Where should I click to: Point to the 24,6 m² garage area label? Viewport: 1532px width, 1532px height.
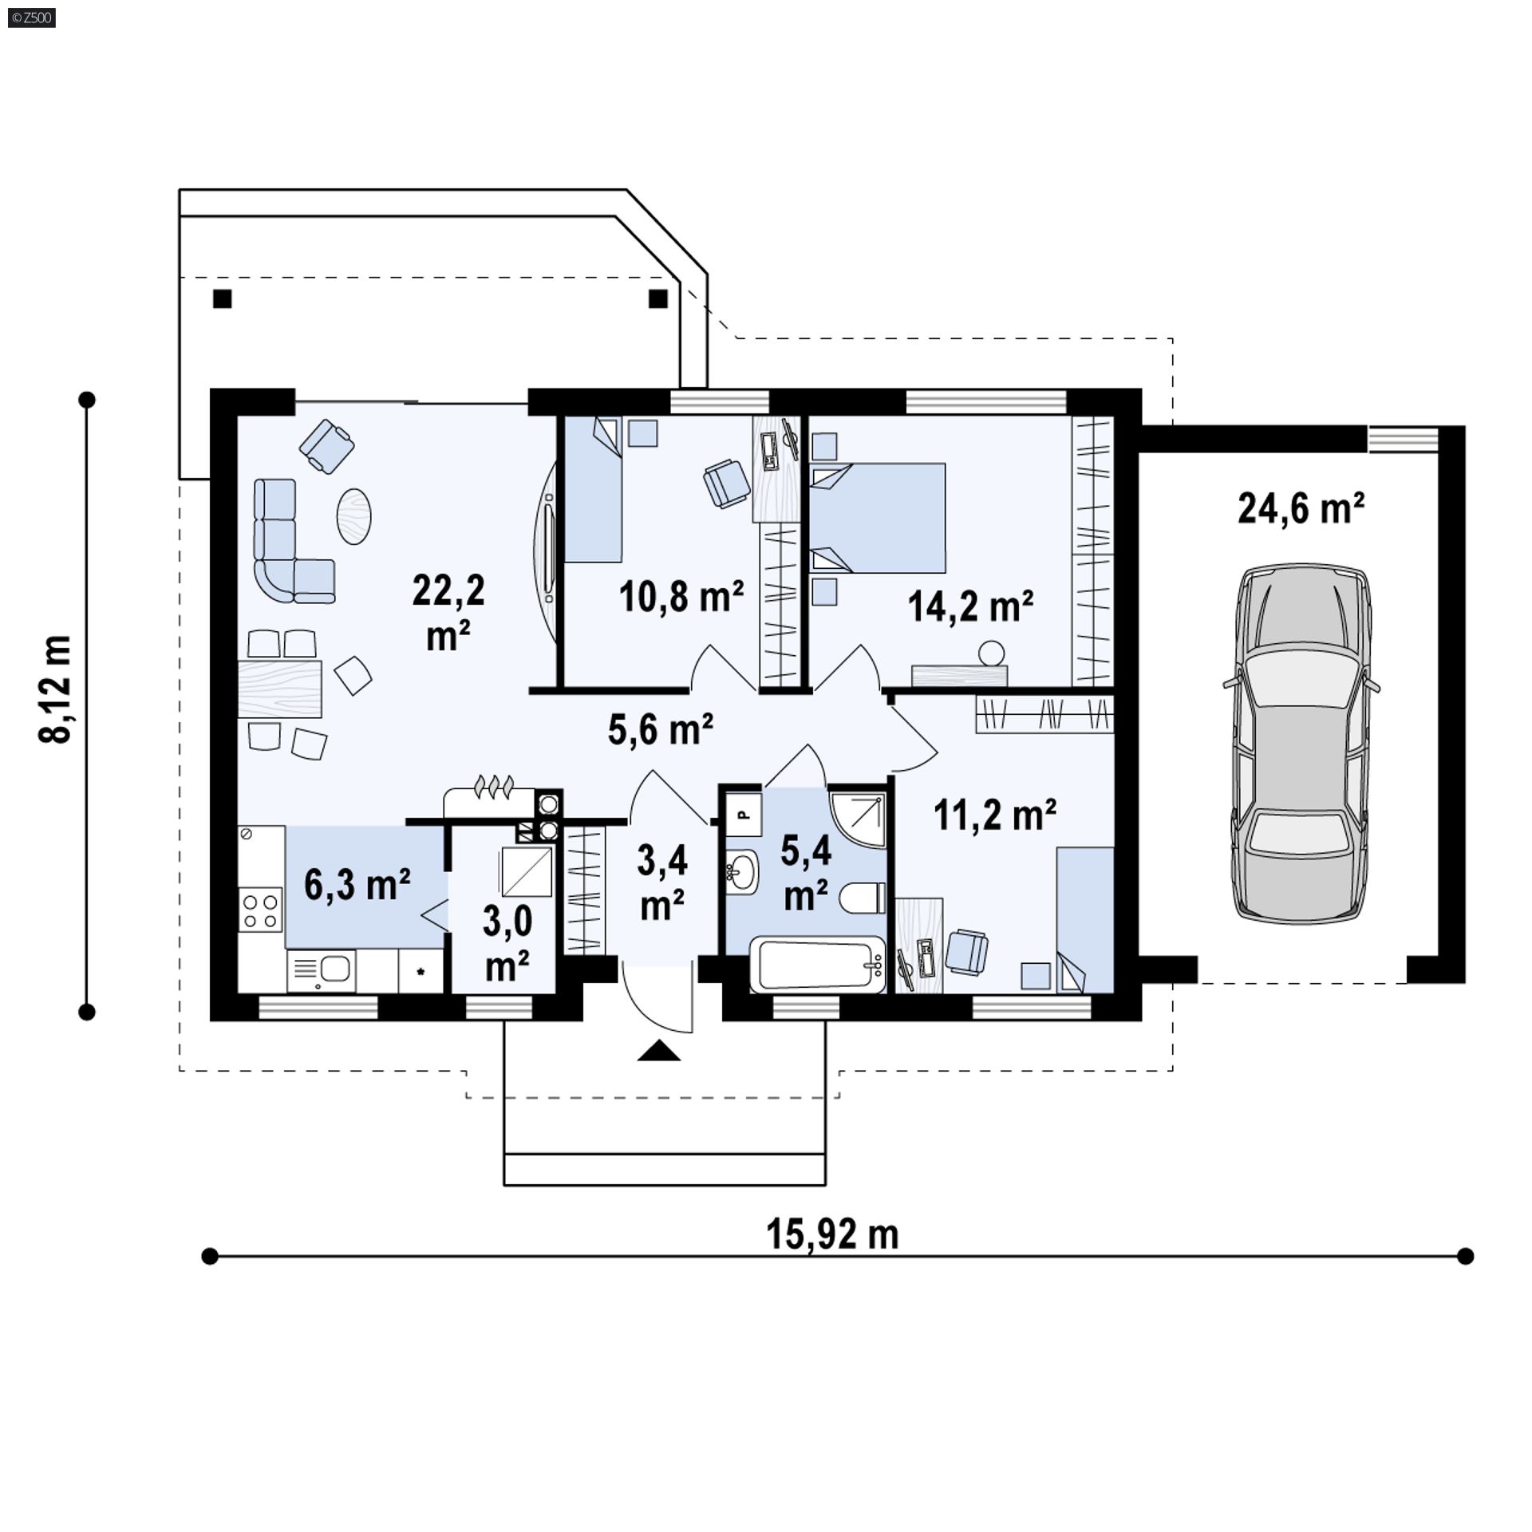1301,507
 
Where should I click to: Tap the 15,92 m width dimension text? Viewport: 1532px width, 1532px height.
832,1234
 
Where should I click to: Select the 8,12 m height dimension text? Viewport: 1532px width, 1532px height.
56,690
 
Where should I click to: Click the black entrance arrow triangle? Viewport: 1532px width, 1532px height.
659,1050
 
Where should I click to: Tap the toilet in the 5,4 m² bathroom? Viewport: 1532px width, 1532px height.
863,898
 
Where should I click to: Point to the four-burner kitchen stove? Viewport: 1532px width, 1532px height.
261,910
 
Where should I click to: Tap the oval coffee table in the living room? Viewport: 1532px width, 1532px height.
354,516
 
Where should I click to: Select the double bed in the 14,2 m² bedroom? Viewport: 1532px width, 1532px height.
878,519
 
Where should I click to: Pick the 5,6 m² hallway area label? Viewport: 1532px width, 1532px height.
661,728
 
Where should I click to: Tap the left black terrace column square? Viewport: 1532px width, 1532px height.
223,299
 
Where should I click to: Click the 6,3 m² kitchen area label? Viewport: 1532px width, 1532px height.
357,886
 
